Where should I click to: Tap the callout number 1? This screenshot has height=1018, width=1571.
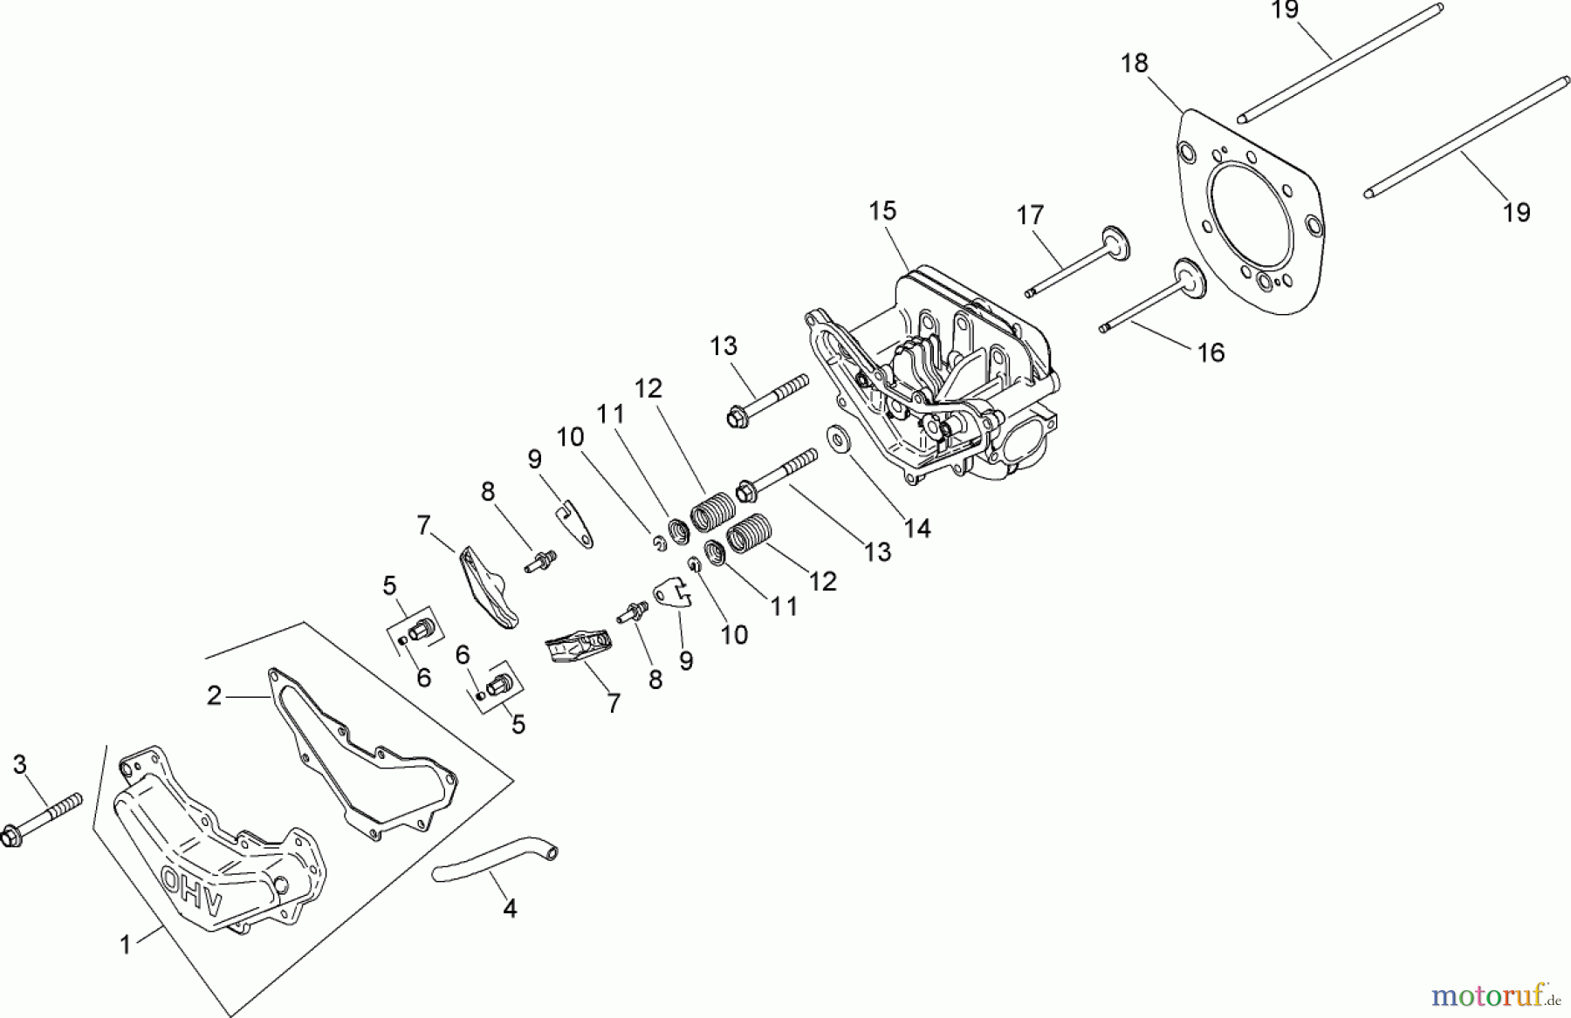(x=126, y=945)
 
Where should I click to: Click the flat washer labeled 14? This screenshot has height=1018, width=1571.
(x=840, y=439)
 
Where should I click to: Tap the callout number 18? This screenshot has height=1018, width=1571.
(x=1135, y=64)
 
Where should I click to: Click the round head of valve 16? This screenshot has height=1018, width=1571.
(x=1188, y=276)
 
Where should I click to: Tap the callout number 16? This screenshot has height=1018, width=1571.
(x=1211, y=352)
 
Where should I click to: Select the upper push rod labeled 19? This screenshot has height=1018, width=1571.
(x=1340, y=62)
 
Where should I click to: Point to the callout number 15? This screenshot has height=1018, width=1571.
(x=882, y=211)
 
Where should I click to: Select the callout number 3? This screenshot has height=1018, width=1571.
(x=19, y=765)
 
